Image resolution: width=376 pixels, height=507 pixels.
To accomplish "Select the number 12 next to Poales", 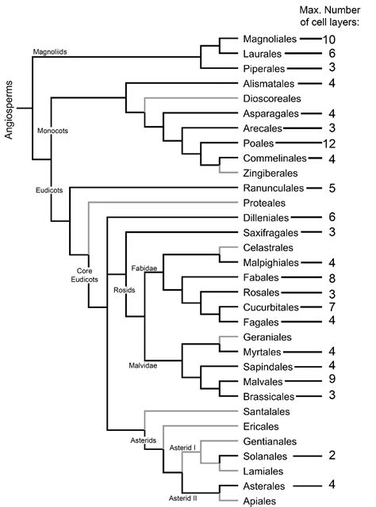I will click(x=330, y=143).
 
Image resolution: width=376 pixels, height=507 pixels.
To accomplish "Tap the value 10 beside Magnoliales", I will click(x=331, y=39).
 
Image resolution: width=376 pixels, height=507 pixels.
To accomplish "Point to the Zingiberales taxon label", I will click(x=271, y=173).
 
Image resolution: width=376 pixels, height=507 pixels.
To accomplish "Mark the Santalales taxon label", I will click(x=267, y=412).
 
